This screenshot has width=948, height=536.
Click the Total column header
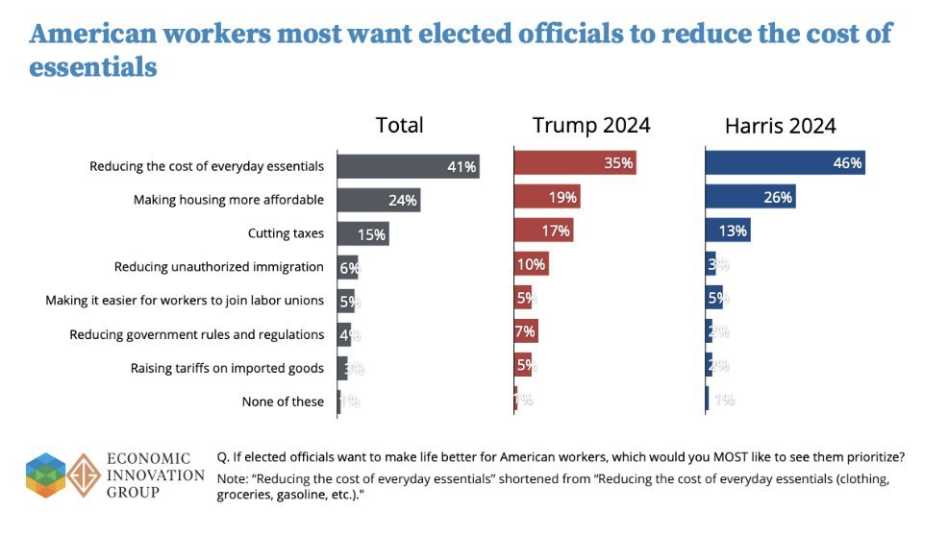pyautogui.click(x=399, y=125)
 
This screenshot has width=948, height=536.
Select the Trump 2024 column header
pyautogui.click(x=591, y=125)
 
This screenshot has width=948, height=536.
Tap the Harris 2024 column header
pyautogui.click(x=781, y=125)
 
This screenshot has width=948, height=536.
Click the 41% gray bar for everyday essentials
pyautogui.click(x=408, y=166)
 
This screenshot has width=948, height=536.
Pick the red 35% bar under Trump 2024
pyautogui.click(x=575, y=163)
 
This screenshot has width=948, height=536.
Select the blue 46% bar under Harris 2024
pyautogui.click(x=785, y=163)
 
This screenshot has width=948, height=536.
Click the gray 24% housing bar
pyautogui.click(x=379, y=200)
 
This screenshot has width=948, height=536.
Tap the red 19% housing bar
pyautogui.click(x=547, y=198)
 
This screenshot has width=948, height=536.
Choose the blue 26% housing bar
pyautogui.click(x=750, y=198)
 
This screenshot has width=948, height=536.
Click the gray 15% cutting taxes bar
pyautogui.click(x=362, y=233)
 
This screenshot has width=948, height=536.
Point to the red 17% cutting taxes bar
pyautogui.click(x=543, y=231)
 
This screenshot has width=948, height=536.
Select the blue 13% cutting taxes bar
pyautogui.click(x=727, y=231)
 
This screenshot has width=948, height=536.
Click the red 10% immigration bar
pyautogui.click(x=531, y=264)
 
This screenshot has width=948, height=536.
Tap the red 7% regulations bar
pyautogui.click(x=526, y=331)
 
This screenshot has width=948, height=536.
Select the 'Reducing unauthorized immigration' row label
pyautogui.click(x=218, y=267)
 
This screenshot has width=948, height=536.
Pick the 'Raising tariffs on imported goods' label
pyautogui.click(x=227, y=368)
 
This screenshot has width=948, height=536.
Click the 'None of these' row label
pyautogui.click(x=283, y=402)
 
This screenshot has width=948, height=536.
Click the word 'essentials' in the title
pyautogui.click(x=93, y=68)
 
